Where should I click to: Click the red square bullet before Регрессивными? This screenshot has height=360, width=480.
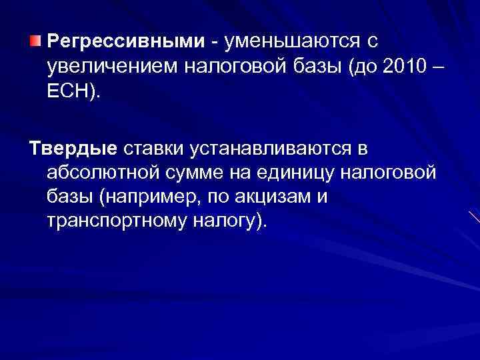[x=37, y=41]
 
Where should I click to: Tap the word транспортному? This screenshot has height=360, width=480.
[x=113, y=220]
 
